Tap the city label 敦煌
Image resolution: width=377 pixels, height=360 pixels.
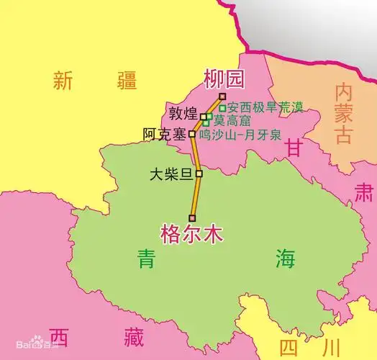pyautogui.click(x=183, y=113)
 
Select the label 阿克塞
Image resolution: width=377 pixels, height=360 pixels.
pyautogui.click(x=165, y=134)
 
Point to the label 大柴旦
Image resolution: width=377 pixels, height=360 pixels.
pyautogui.click(x=172, y=174)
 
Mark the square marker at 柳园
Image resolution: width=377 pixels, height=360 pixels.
pyautogui.click(x=222, y=96)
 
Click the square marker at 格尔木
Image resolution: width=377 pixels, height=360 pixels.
pyautogui.click(x=192, y=217)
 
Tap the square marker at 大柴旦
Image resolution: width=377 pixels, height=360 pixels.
pyautogui.click(x=199, y=173)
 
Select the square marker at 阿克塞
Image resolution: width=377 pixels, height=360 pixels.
pyautogui.click(x=192, y=133)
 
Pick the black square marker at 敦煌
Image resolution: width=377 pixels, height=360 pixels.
pyautogui.click(x=204, y=116)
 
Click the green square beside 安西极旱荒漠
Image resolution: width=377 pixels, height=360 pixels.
pyautogui.click(x=222, y=109)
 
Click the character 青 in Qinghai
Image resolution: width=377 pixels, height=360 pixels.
pyautogui.click(x=148, y=258)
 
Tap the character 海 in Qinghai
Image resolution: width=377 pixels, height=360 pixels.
pyautogui.click(x=286, y=258)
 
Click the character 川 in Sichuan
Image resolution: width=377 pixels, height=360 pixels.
pyautogui.click(x=332, y=348)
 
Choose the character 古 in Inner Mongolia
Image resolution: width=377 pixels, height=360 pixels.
pyautogui.click(x=342, y=134)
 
